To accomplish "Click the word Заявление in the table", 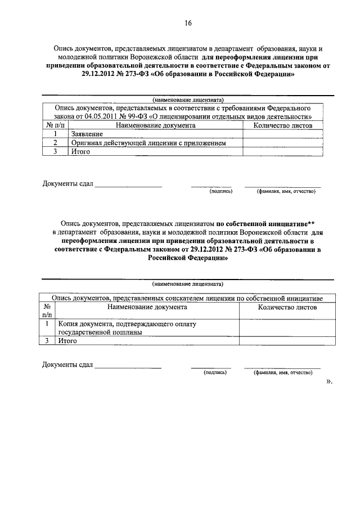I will click(87, 134).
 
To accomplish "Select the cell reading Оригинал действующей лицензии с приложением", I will click(148, 143).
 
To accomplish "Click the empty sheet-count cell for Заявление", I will click(283, 134).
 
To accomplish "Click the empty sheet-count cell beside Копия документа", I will click(287, 328).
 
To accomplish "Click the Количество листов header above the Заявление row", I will click(283, 125).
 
